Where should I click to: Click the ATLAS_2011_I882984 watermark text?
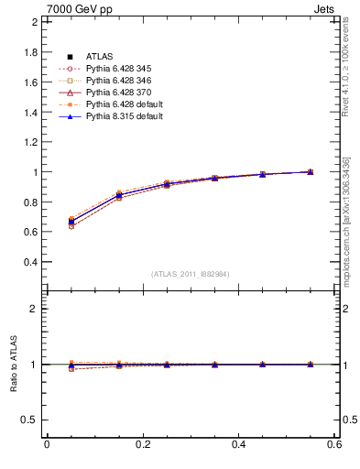(189, 274)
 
